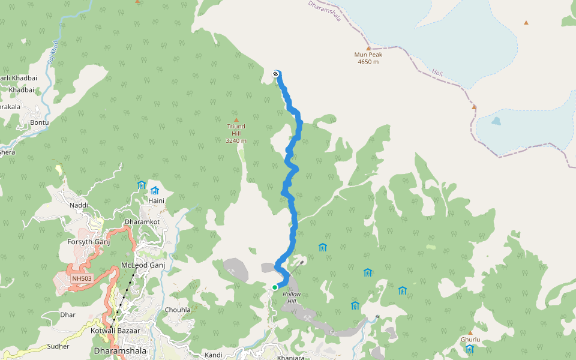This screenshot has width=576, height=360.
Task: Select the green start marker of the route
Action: tap(275, 287)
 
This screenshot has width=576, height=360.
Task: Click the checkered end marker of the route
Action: tap(275, 74)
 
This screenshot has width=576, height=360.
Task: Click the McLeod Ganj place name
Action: tap(142, 265)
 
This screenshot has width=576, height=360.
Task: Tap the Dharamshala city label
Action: tap(120, 350)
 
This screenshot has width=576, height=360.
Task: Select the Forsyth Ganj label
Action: tap(89, 242)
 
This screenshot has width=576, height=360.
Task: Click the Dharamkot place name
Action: tap(142, 222)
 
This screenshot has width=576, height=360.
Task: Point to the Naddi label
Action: tap(79, 205)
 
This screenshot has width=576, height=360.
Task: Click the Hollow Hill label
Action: tap(292, 298)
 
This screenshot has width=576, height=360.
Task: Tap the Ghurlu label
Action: tap(470, 340)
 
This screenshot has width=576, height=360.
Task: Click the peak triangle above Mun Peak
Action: tap(368, 48)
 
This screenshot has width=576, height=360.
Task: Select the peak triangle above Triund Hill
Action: tap(236, 119)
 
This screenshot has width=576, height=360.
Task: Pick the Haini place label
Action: tap(157, 200)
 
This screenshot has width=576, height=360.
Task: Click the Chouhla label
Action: tap(178, 310)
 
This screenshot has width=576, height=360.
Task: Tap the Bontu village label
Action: tap(39, 122)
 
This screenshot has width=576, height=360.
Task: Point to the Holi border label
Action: tap(437, 73)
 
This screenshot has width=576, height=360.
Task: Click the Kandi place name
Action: tap(213, 355)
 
